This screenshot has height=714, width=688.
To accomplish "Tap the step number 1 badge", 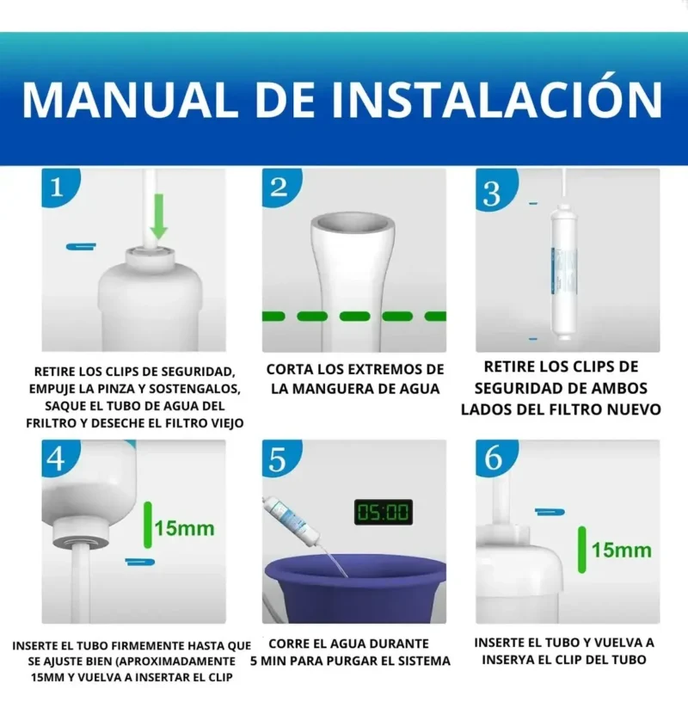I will coord(57,188).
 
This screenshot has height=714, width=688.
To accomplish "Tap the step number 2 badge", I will coord(279,188).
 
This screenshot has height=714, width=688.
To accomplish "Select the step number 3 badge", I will coord(493,193).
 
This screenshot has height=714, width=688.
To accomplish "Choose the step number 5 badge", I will coord(278,459).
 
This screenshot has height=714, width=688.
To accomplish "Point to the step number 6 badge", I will coord(494,459).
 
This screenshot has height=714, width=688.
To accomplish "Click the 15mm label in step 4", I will coord(184,527).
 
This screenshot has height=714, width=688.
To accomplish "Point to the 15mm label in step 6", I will coord(621,549).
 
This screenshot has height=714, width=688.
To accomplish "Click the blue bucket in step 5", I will coord(354,585).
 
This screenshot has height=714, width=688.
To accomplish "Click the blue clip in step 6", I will coord(549,512).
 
